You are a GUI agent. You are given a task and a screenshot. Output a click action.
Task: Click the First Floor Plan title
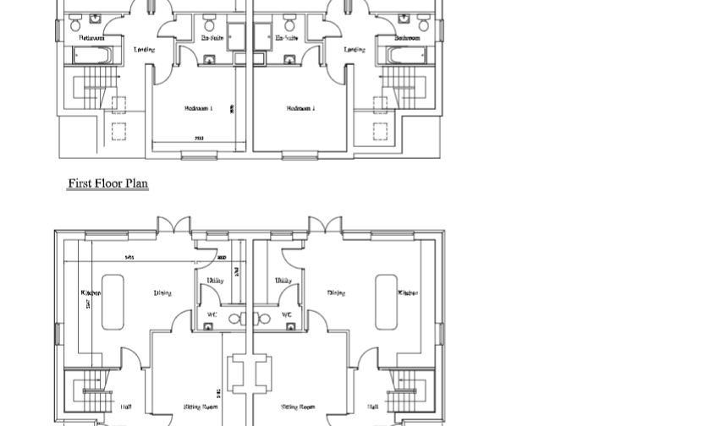[x=107, y=183]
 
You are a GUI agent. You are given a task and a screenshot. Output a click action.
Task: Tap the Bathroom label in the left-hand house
[x=92, y=38]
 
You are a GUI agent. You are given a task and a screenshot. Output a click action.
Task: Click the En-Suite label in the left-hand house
[x=212, y=38]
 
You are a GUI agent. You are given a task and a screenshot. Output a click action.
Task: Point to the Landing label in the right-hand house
[x=355, y=50]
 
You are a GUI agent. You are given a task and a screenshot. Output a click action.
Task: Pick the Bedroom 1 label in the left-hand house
[x=198, y=108]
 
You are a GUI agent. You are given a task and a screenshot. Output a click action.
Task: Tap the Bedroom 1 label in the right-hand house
[x=300, y=108]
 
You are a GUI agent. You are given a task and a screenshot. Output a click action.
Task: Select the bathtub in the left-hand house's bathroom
[x=92, y=57]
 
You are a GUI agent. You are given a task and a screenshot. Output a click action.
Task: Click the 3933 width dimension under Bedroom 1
[x=199, y=138]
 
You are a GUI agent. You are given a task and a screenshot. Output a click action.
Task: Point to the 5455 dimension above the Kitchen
[x=129, y=258]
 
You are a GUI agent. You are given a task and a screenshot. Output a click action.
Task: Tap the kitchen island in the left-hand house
[x=113, y=302]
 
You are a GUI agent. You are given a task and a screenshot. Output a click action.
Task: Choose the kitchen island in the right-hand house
[x=386, y=302]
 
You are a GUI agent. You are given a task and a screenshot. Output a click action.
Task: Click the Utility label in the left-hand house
[x=215, y=281]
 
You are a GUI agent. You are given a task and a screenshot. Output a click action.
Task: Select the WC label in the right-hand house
[x=286, y=314]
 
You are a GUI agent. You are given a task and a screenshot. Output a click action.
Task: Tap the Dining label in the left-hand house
[x=162, y=293]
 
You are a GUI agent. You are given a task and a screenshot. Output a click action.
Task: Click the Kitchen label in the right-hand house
[x=408, y=293]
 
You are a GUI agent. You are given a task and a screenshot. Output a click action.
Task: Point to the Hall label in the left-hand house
[x=125, y=407]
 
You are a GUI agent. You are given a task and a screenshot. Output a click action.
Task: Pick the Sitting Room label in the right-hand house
[x=298, y=407]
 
